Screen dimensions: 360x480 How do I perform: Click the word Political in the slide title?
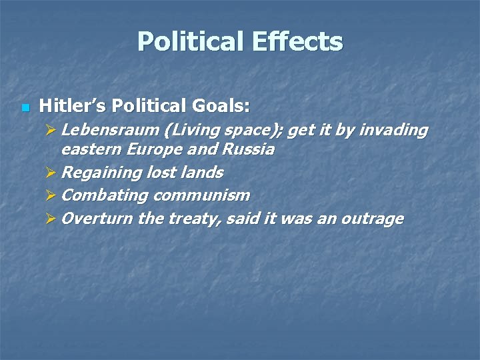click(191, 41)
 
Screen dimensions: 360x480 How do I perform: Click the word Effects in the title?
click(298, 41)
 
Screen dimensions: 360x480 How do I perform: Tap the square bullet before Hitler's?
click(25, 107)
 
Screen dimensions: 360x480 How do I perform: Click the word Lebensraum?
click(104, 130)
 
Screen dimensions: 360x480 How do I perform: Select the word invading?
click(393, 130)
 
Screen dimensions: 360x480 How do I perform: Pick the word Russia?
click(249, 149)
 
